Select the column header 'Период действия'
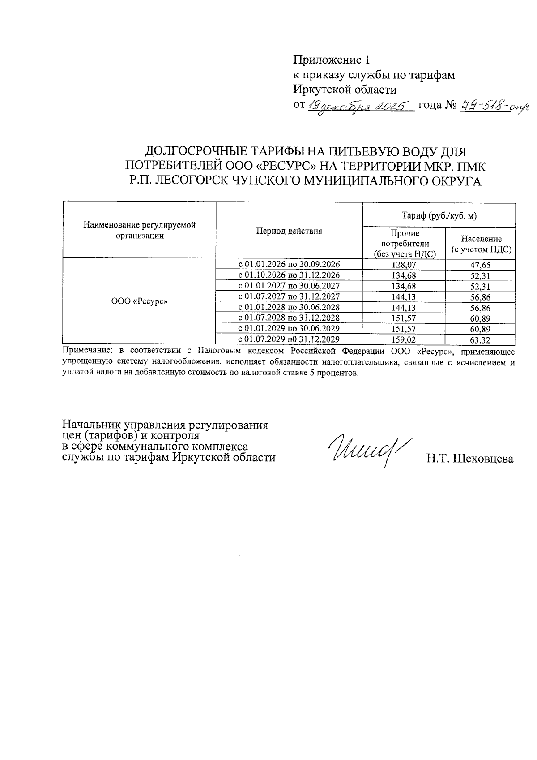coord(289,231)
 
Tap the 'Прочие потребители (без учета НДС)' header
coord(405,244)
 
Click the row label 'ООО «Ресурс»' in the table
coord(139,301)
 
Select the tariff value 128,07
coord(404,265)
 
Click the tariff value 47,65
coord(481,265)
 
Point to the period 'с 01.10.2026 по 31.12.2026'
coord(289,275)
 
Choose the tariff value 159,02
coord(404,339)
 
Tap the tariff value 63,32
coord(481,340)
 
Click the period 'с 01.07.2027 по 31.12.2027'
coord(289,296)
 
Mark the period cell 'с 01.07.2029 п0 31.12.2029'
coord(289,339)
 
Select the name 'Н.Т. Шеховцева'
coord(470,459)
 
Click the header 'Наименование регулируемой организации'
coord(139,230)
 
